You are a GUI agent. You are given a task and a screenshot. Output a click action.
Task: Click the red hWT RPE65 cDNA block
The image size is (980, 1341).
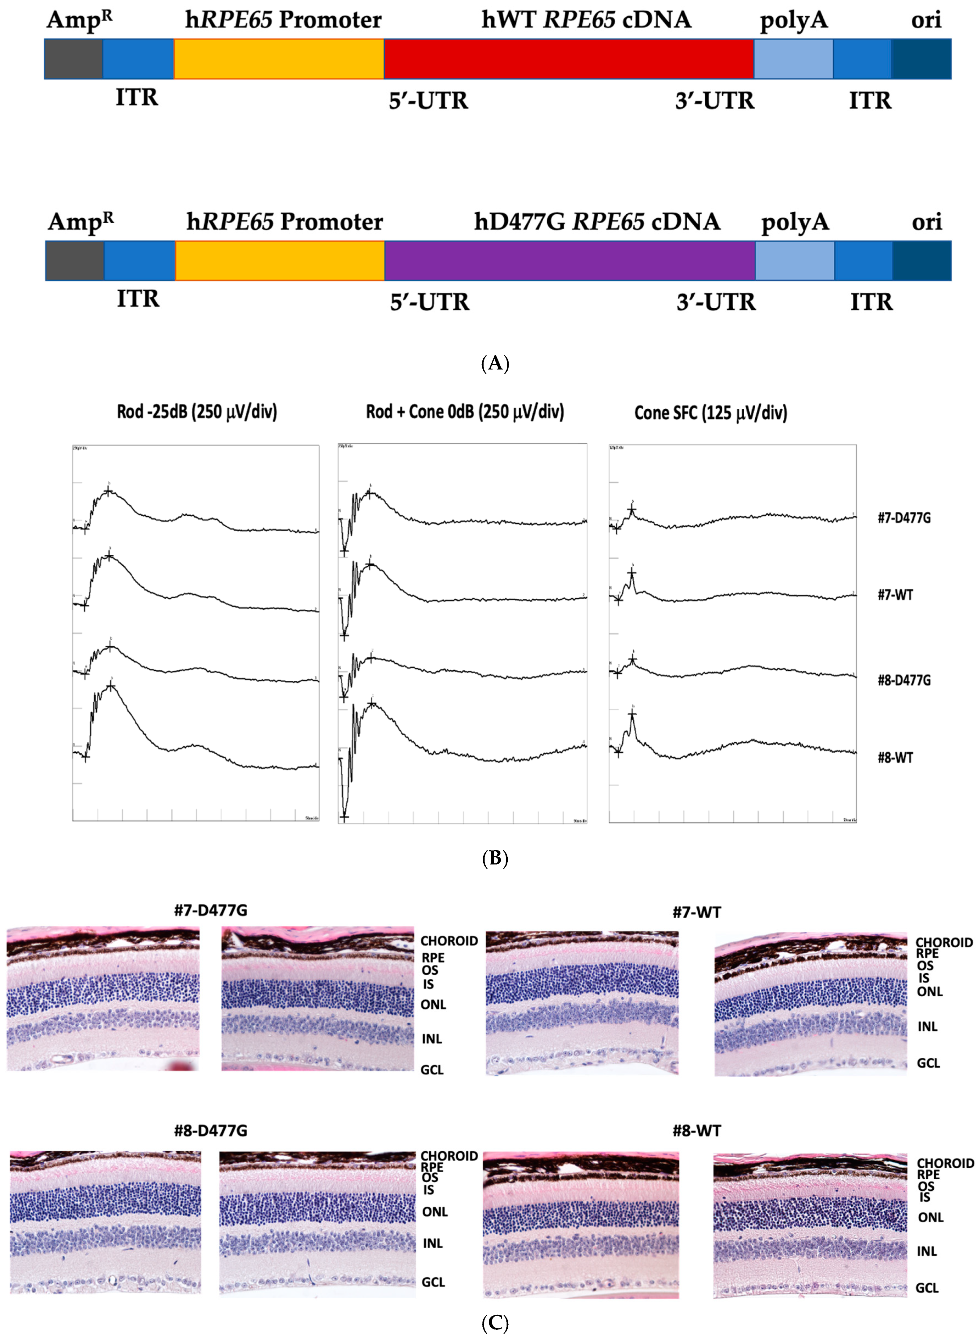[568, 59]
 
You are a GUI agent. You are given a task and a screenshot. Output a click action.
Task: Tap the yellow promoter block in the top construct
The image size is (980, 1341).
[279, 59]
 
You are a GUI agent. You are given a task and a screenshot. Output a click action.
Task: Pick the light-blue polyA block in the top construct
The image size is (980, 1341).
[793, 59]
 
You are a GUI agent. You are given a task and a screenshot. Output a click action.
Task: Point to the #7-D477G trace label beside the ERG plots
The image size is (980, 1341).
[904, 518]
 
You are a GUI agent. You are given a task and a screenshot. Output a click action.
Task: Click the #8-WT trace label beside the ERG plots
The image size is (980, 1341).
[895, 758]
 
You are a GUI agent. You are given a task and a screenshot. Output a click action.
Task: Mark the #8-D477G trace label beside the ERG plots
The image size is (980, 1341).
[904, 680]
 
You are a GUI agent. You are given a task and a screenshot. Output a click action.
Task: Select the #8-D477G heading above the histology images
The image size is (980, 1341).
[211, 1130]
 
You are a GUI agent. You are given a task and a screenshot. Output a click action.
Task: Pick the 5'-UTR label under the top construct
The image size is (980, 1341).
[428, 101]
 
